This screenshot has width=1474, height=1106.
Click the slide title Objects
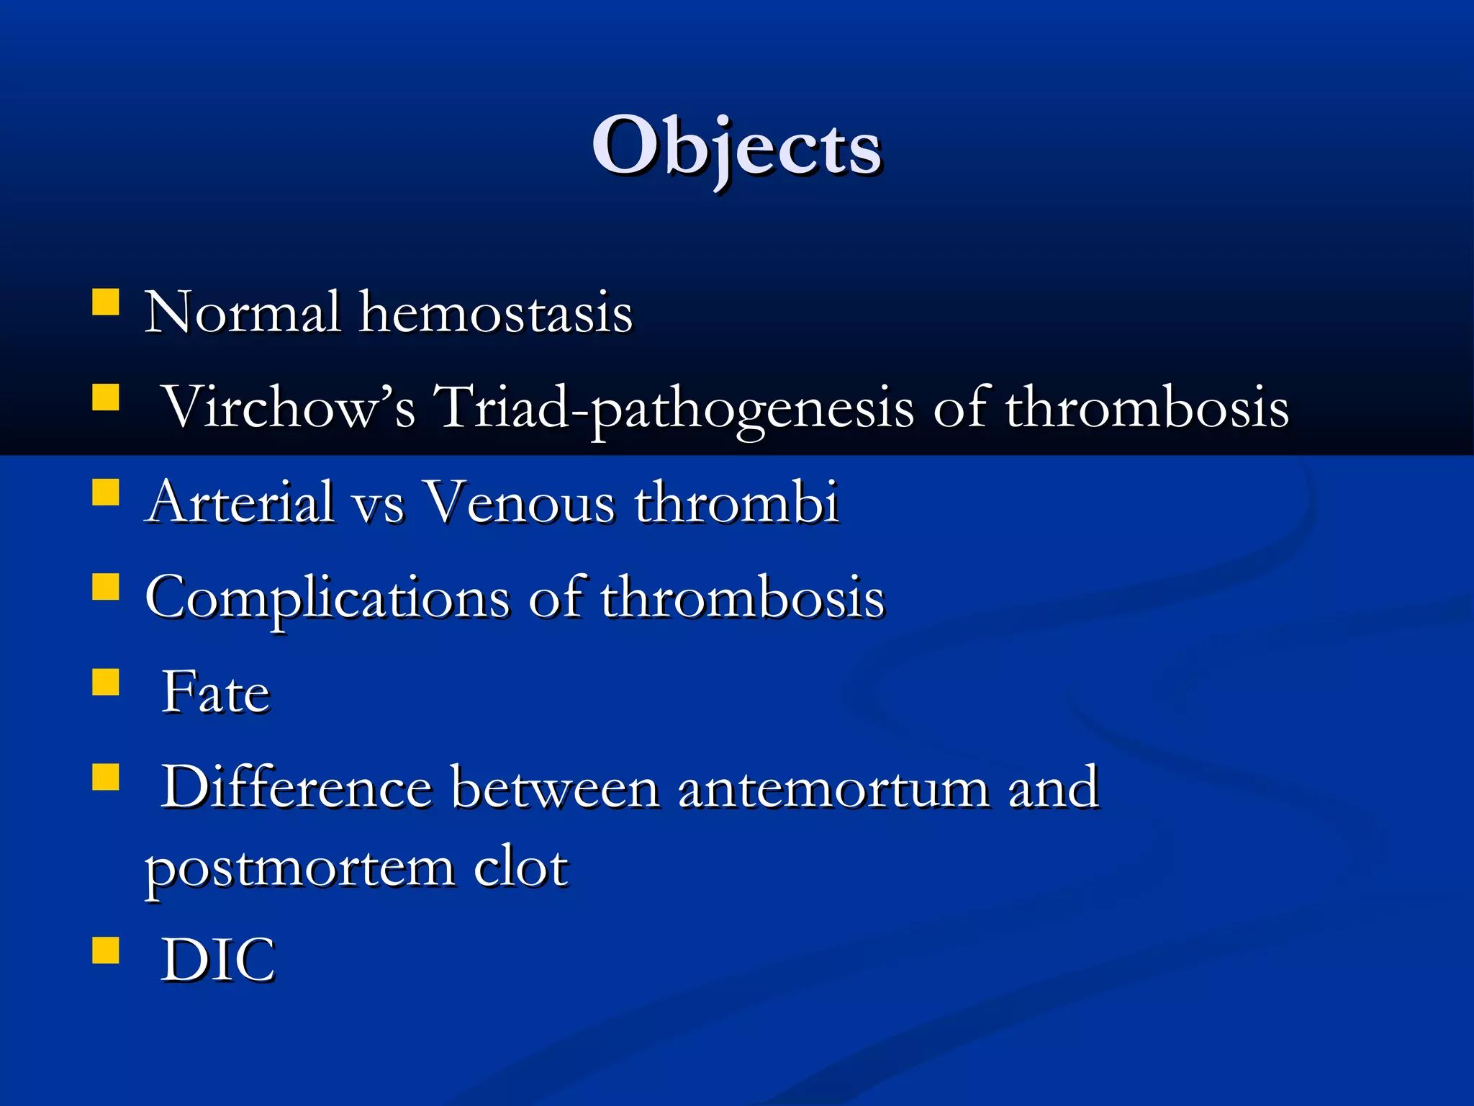[736, 148]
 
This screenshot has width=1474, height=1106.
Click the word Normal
[243, 313]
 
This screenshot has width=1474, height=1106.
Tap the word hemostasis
[496, 313]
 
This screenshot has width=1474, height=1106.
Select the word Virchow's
[289, 408]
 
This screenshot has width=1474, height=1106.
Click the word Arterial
[240, 503]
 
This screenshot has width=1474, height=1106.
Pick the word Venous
[518, 503]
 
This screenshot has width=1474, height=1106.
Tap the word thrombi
[736, 503]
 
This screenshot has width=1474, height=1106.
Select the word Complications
[327, 598]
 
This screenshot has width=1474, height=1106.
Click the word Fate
[215, 693]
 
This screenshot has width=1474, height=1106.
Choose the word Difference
[297, 788]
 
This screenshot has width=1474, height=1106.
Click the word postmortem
[300, 868]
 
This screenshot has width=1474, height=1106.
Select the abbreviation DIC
[218, 961]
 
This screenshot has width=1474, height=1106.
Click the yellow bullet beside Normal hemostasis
[106, 302]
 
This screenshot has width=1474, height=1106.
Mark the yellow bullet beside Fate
[106, 682]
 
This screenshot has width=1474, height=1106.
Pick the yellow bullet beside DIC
[106, 950]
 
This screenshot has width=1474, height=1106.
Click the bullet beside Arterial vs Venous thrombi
[106, 493]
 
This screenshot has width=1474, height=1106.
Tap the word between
[555, 788]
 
